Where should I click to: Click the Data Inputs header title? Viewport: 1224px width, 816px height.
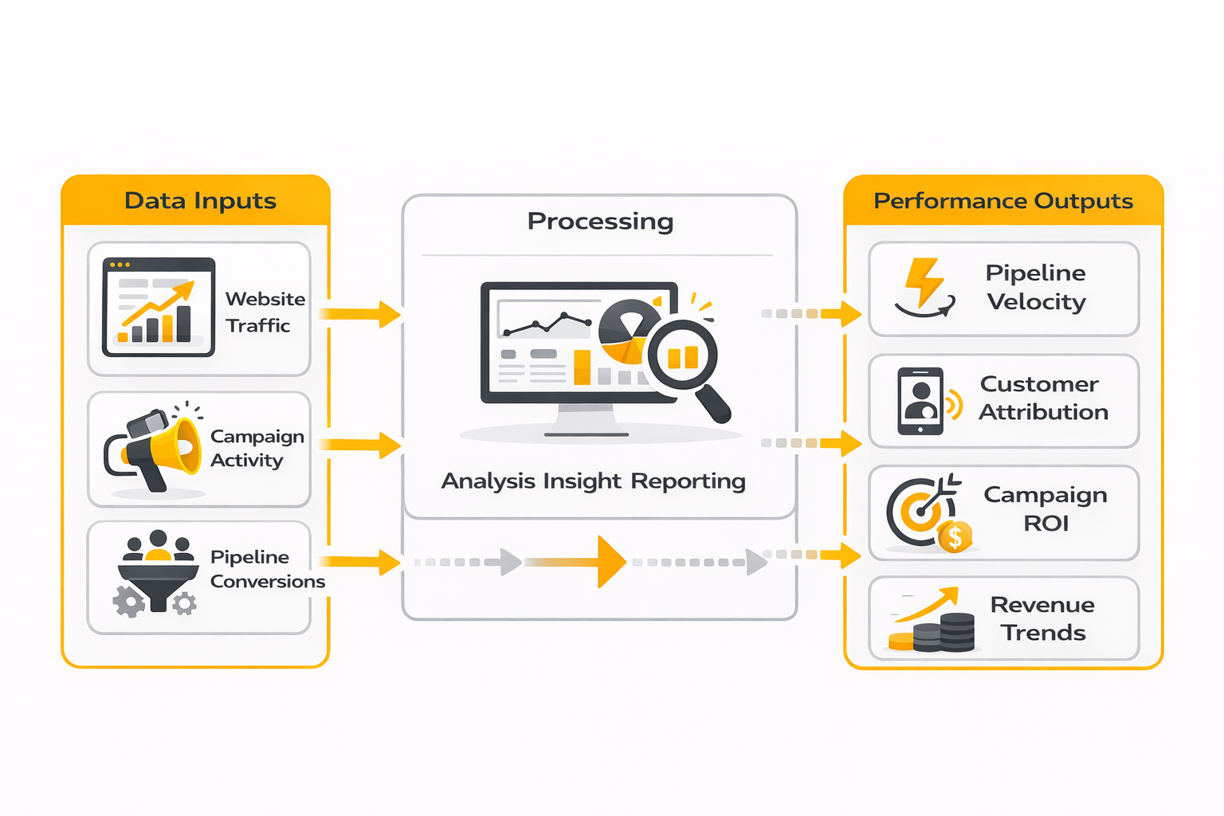[200, 201]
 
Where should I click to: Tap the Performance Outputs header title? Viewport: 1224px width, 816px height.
[1002, 201]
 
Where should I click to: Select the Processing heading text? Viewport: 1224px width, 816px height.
[600, 221]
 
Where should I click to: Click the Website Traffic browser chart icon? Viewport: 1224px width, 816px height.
[159, 307]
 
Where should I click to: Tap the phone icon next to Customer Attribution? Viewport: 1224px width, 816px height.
[920, 401]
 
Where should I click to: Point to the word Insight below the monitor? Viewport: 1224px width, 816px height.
[582, 481]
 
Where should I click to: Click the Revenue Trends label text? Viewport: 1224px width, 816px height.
[1042, 618]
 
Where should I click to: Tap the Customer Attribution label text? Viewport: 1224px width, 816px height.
[1042, 398]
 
